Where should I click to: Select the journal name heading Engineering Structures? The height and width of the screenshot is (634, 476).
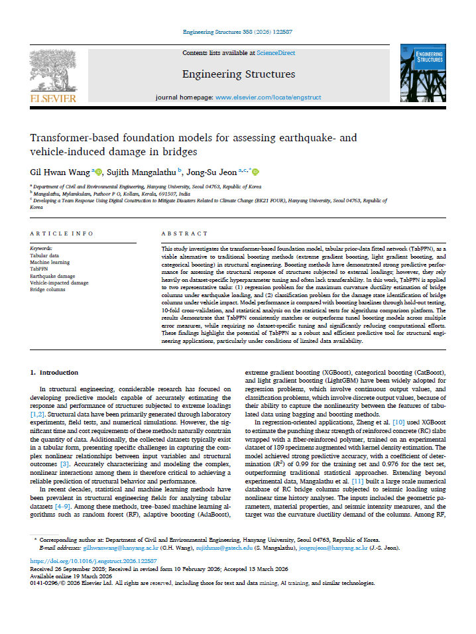tap(239, 74)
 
